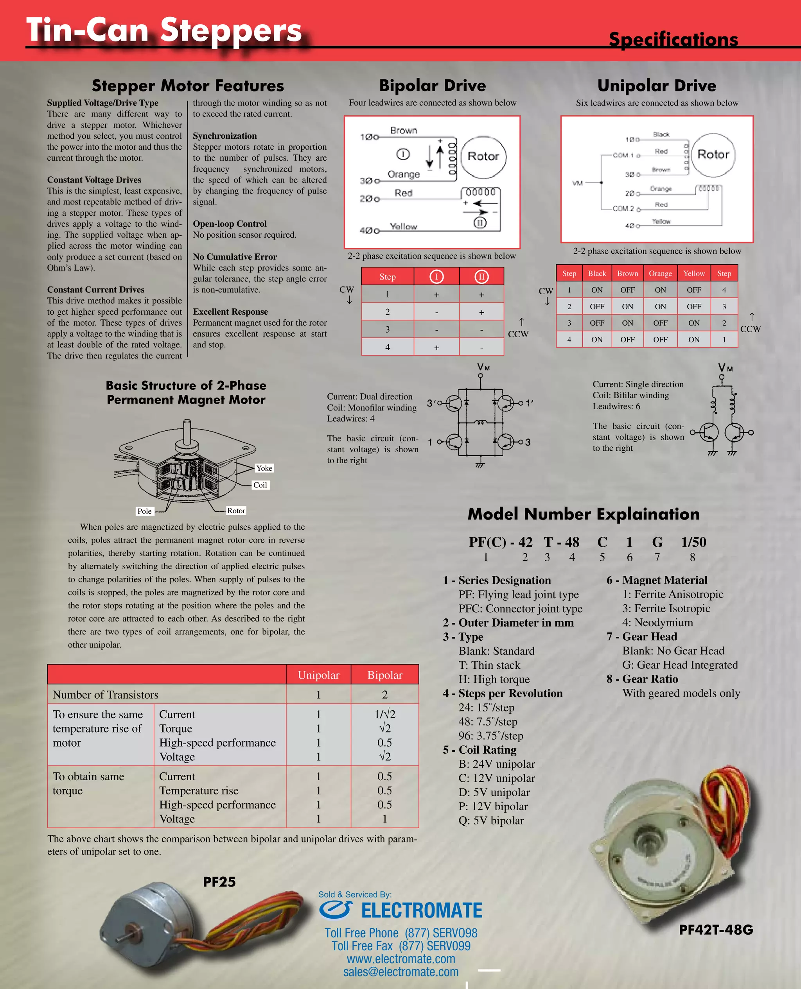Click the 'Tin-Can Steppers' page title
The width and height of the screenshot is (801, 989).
pos(164,30)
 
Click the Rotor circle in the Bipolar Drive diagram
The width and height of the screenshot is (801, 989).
pos(483,157)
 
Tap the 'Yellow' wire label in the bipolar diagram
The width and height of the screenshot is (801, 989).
pos(403,226)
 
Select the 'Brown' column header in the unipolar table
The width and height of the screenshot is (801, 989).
pos(627,273)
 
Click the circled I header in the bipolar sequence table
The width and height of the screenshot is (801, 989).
pos(436,277)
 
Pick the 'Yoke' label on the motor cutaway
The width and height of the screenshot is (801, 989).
pos(264,468)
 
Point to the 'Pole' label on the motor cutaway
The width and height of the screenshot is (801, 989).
pos(144,511)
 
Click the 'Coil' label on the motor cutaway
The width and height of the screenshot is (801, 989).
pos(260,485)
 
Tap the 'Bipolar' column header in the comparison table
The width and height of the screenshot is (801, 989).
pos(384,675)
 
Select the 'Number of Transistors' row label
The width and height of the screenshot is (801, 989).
pos(105,694)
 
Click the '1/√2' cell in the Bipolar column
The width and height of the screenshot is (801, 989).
pos(384,714)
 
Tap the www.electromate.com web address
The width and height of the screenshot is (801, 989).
pos(400,959)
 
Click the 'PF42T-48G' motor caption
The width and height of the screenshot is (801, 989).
pos(716,930)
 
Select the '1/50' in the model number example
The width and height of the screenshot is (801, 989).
pos(693,542)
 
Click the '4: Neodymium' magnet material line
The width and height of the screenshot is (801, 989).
pos(657,622)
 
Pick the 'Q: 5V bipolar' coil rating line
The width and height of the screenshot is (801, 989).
pos(491,820)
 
